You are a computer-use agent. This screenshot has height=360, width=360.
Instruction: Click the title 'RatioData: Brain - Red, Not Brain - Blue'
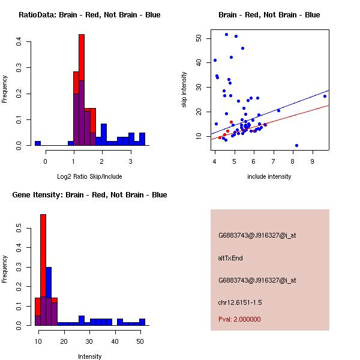89,15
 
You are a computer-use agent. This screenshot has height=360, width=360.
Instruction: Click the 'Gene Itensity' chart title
89,195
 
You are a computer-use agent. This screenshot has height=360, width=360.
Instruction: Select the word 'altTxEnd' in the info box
230,258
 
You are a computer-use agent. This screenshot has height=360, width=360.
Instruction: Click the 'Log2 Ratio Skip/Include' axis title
89,176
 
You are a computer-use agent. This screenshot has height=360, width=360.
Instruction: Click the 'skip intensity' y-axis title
184,90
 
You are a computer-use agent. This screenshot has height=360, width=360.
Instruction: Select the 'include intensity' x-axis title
269,176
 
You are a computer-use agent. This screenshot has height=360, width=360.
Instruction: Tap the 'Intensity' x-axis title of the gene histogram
89,356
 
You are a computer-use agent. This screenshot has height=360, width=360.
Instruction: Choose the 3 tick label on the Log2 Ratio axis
130,161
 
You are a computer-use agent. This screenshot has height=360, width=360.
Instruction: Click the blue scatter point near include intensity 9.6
325,96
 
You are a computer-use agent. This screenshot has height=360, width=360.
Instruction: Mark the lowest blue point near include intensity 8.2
296,145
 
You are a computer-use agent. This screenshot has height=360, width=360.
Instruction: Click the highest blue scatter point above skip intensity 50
226,35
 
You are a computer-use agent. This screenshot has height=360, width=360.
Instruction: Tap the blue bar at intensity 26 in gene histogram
82,320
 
